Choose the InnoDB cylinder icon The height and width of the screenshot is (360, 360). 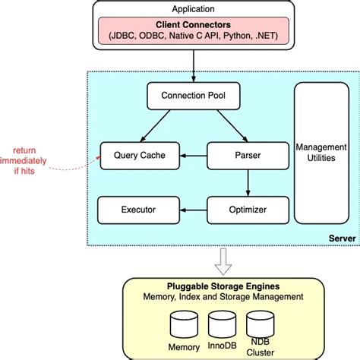[x=222, y=327]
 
